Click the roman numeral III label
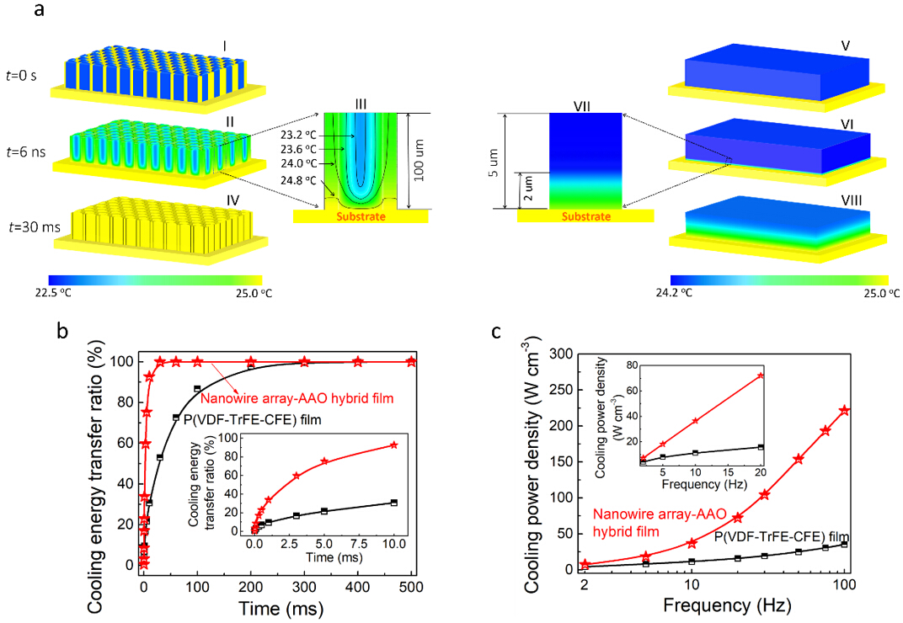coord(361,104)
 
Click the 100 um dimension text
coord(425,160)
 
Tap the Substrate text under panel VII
coord(585,216)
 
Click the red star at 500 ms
coord(411,362)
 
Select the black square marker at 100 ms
coord(197,389)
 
